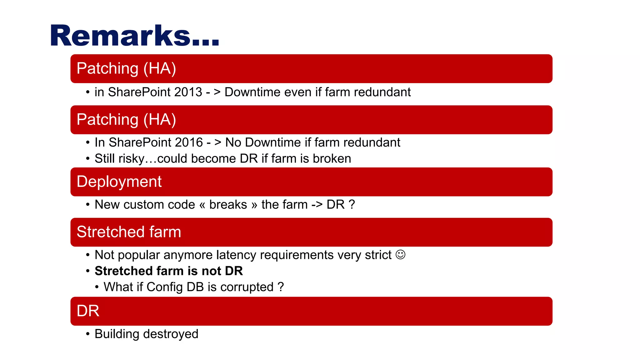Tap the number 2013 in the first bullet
tap(188, 92)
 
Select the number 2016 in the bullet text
tap(189, 142)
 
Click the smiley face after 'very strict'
tap(400, 255)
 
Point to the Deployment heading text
tap(119, 182)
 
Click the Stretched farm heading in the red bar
tap(129, 232)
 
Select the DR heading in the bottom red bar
tap(88, 311)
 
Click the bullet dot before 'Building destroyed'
tap(88, 334)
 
